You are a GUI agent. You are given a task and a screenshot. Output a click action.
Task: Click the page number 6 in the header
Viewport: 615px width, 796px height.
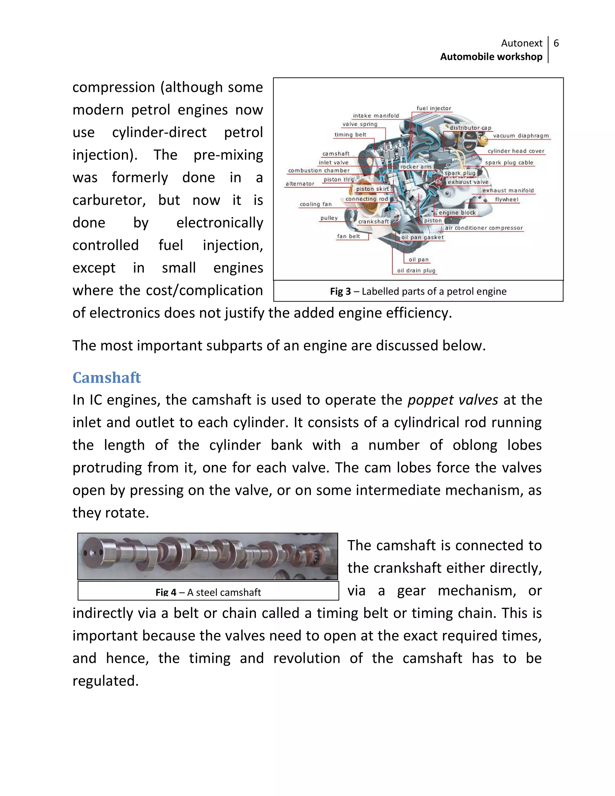point(556,43)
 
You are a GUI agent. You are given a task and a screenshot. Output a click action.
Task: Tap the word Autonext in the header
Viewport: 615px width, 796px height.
point(521,43)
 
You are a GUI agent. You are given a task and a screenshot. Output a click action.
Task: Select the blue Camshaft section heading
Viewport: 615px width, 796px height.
point(106,378)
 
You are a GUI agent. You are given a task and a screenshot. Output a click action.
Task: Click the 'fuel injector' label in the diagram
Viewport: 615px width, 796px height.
point(434,108)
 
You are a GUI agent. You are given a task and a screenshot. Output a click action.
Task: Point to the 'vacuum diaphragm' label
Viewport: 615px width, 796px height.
point(521,135)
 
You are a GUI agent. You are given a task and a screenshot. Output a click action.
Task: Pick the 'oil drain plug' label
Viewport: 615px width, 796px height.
point(416,270)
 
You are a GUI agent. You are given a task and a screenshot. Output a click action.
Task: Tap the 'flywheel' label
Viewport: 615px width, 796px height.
point(506,199)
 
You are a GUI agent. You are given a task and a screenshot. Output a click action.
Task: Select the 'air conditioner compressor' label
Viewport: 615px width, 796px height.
point(483,228)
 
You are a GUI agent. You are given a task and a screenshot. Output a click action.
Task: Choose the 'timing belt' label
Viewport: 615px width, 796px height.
point(350,135)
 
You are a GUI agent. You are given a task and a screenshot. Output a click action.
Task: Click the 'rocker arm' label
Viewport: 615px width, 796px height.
point(416,167)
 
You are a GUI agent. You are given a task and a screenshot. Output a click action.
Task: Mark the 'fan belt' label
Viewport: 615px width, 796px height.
point(348,236)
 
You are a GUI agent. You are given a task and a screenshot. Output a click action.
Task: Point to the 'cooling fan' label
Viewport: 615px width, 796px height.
point(316,204)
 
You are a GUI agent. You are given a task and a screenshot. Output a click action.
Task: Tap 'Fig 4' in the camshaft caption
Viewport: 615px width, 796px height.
point(166,592)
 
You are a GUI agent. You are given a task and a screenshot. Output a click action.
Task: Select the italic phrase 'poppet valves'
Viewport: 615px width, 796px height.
point(453,400)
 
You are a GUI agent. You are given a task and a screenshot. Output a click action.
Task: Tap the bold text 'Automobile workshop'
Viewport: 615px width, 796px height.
point(491,57)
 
